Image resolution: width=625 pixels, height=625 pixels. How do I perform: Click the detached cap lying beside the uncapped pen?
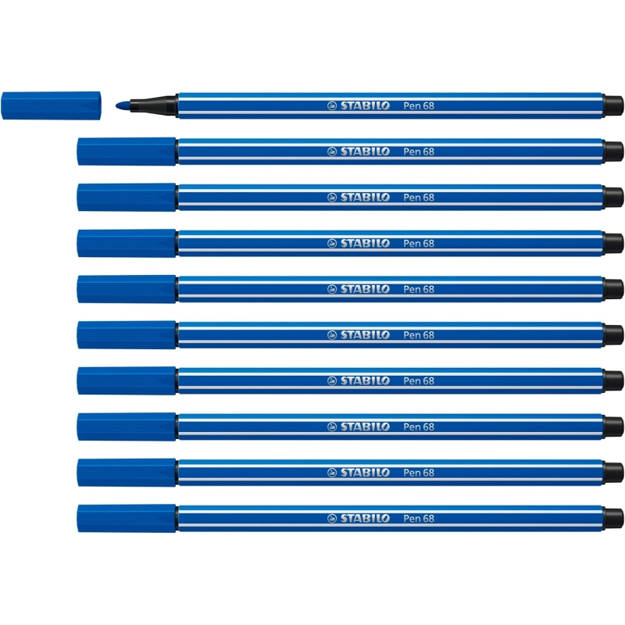coord(51,105)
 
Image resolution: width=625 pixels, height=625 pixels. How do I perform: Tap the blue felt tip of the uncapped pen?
coord(123,105)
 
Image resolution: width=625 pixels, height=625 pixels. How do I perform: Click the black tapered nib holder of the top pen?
coord(153,105)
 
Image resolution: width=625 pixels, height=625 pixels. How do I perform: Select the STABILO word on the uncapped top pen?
coord(365,105)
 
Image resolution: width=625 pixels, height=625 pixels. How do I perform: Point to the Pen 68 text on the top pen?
coord(419,105)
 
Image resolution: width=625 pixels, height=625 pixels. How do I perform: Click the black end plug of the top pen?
coord(613,105)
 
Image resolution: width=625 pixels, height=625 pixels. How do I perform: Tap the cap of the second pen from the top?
coord(127,152)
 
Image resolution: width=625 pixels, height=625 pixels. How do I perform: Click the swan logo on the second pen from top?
coord(332,152)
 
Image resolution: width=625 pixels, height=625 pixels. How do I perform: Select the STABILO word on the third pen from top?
coord(365,198)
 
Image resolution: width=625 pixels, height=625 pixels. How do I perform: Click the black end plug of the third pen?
coord(613,198)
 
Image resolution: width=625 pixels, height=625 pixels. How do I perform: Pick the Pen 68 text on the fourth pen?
coord(419,243)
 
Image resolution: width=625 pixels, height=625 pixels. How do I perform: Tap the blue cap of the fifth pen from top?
coord(127,289)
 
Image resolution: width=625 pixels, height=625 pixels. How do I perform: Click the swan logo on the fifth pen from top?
coord(332,289)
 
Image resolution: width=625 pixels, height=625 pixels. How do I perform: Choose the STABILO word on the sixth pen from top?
coord(365,335)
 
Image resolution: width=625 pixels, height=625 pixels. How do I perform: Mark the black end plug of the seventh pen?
coord(613,380)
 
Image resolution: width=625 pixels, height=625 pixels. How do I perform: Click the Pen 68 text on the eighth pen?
coord(419,427)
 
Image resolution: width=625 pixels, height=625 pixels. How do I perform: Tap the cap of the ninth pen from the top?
coord(127,473)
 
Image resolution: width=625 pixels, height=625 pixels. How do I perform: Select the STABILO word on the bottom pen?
coord(365,518)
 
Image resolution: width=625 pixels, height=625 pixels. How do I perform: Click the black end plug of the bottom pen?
coord(613,518)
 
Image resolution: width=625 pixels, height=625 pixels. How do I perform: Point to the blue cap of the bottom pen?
coord(127,518)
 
